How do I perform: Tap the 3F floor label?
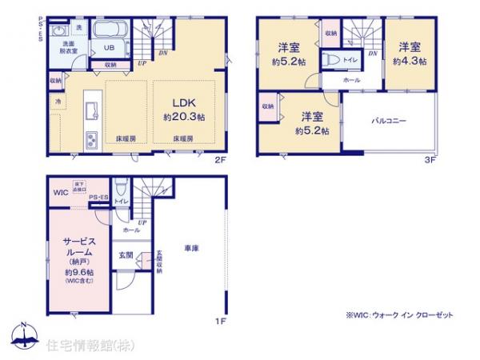click(430, 160)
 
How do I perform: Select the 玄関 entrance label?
click(126, 256)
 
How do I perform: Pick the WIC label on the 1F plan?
click(61, 193)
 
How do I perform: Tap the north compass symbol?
click(24, 336)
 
